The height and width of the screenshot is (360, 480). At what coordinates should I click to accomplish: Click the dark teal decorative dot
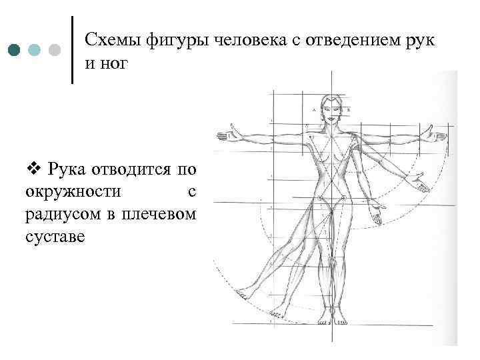click(x=15, y=51)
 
